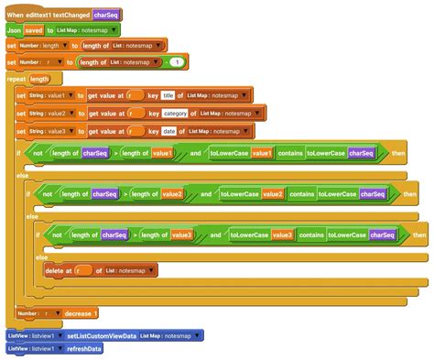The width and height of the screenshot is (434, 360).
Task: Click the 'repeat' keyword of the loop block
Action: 16,79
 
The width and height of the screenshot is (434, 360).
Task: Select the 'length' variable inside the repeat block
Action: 39,79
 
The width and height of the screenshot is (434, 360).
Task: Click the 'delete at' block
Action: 60,270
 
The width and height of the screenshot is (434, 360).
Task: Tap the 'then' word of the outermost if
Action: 398,154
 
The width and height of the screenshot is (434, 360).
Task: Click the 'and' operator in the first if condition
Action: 196,154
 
